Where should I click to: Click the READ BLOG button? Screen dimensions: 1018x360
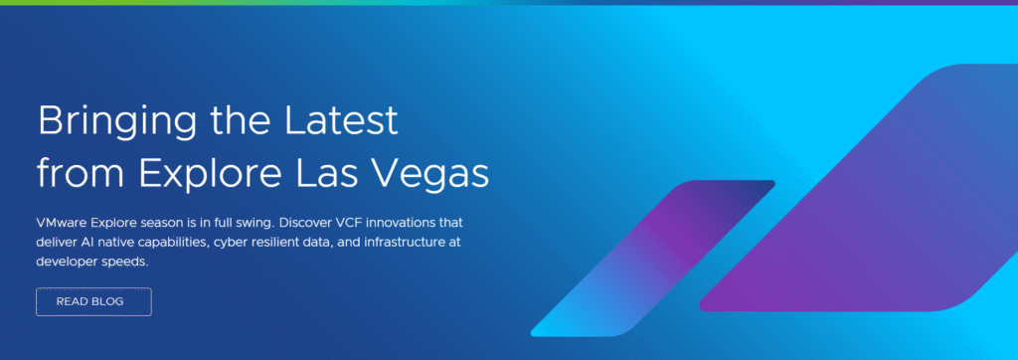coord(93,301)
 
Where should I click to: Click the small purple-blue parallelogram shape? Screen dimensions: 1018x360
coord(652,258)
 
